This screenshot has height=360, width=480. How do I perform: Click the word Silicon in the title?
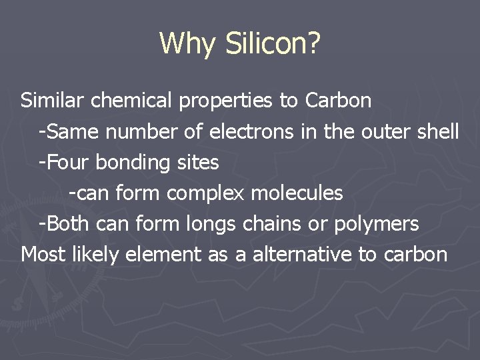pyautogui.click(x=273, y=43)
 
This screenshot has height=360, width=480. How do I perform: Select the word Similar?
pyautogui.click(x=53, y=101)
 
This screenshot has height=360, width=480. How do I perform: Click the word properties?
pyautogui.click(x=226, y=101)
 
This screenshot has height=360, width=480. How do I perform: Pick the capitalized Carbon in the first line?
pyautogui.click(x=338, y=101)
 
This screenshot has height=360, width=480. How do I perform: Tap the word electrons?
pyautogui.click(x=251, y=131)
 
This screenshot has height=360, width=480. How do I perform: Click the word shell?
pyautogui.click(x=439, y=131)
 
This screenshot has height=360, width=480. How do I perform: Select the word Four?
pyautogui.click(x=68, y=162)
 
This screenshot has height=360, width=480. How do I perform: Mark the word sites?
pyautogui.click(x=199, y=162)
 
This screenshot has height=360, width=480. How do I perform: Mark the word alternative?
pyautogui.click(x=303, y=254)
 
